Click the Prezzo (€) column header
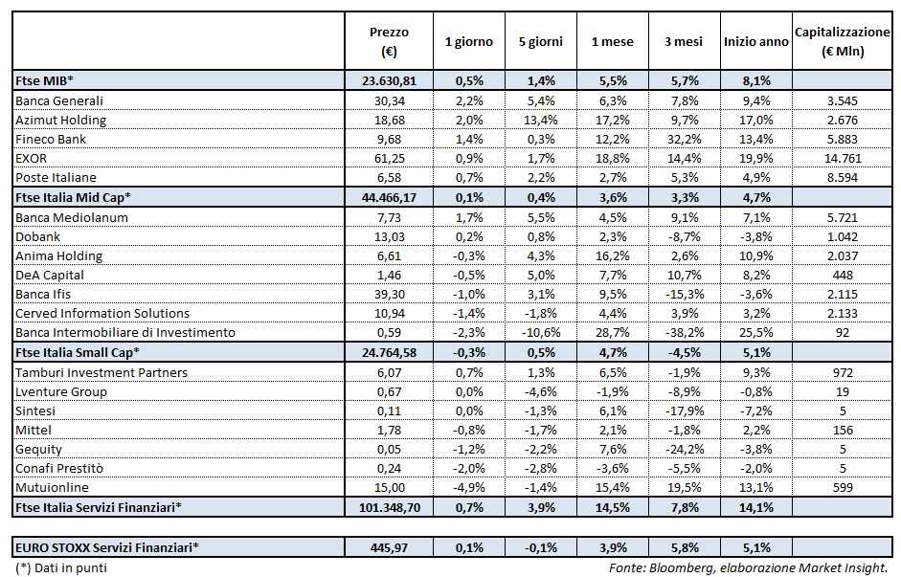(388, 41)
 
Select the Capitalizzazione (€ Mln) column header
(844, 41)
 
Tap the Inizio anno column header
(755, 42)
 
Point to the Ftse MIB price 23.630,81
(389, 81)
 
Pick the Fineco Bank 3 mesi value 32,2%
(687, 139)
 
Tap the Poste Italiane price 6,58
(389, 177)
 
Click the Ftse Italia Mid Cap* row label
(72, 197)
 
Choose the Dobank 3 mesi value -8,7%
(687, 236)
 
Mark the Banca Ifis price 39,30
(389, 294)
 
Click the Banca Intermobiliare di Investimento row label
(125, 333)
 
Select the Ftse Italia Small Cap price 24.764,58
(389, 352)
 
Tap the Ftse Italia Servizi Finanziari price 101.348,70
(389, 507)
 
